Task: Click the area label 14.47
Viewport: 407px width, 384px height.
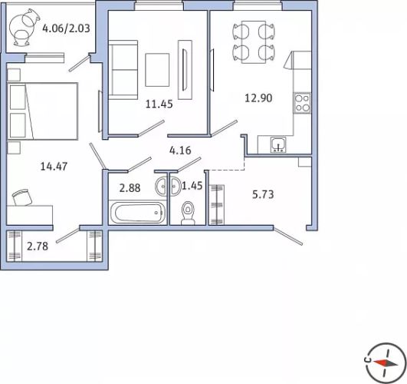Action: point(54,166)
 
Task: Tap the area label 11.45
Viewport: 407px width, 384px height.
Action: point(159,104)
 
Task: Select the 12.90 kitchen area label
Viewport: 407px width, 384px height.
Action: point(258,98)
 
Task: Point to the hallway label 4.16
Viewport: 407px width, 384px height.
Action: point(180,151)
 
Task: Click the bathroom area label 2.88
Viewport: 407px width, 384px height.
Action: point(130,188)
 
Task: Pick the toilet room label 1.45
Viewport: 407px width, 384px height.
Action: point(192,186)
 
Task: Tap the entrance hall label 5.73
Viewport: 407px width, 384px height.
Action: point(263,194)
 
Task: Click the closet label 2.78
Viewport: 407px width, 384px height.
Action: point(38,246)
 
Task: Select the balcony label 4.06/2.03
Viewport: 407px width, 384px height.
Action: point(66,28)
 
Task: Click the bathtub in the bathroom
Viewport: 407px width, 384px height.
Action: point(137,213)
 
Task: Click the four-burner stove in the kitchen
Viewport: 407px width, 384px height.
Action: point(302,103)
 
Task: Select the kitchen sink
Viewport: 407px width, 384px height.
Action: point(278,144)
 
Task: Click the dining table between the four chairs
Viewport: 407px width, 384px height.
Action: point(254,42)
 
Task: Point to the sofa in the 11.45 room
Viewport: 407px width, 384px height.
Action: point(123,70)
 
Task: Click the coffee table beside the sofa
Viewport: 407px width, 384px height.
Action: point(157,70)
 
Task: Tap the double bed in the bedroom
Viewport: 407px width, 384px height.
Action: point(43,111)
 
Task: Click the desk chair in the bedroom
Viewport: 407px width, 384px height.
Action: point(22,197)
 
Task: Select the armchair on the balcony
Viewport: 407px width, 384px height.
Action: point(21,28)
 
